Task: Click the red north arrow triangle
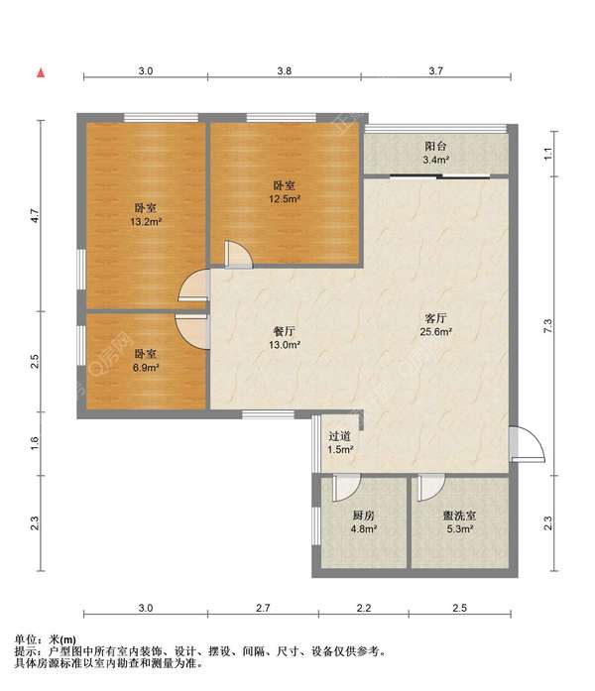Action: [x=41, y=73]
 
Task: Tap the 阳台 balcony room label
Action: [x=435, y=146]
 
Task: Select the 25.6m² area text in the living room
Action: [x=436, y=331]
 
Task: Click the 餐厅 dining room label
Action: [x=285, y=331]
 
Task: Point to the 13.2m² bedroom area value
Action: [x=147, y=221]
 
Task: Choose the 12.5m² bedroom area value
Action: [x=285, y=198]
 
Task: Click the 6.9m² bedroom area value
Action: [x=146, y=367]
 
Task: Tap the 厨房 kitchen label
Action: [x=364, y=516]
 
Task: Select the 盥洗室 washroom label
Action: [x=460, y=516]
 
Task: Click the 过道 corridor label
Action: [x=340, y=436]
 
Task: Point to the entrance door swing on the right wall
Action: [x=528, y=444]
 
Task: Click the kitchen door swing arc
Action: [x=347, y=488]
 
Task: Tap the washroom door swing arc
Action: [x=431, y=488]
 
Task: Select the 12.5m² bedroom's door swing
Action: [x=239, y=254]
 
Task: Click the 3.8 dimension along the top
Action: [x=285, y=70]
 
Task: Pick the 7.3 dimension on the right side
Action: [x=547, y=325]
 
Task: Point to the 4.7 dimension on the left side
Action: [x=35, y=215]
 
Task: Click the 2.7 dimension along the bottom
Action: [x=263, y=608]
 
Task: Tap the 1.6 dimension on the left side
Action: [x=35, y=443]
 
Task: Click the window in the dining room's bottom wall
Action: [x=269, y=414]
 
